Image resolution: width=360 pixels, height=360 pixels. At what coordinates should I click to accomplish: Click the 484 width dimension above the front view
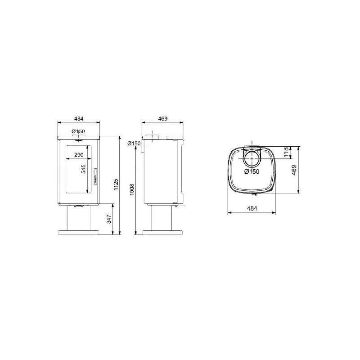click(x=78, y=119)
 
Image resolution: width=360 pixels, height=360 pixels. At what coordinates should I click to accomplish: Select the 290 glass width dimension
click(x=79, y=155)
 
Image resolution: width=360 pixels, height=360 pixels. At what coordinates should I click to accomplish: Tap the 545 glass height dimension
click(x=83, y=169)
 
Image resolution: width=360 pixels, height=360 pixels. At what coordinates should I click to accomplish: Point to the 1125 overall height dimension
click(x=116, y=184)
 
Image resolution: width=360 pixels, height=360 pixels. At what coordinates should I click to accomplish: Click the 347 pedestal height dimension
click(x=109, y=219)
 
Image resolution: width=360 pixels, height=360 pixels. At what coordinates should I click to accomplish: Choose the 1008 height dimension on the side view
click(x=132, y=189)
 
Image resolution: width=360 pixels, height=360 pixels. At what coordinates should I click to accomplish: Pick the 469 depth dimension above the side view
click(x=163, y=119)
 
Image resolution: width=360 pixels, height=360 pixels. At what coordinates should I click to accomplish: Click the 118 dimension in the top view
click(x=286, y=152)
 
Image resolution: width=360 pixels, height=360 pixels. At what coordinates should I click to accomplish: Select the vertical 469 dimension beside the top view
click(x=294, y=170)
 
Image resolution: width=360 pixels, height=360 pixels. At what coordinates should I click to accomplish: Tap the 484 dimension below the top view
click(x=252, y=208)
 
